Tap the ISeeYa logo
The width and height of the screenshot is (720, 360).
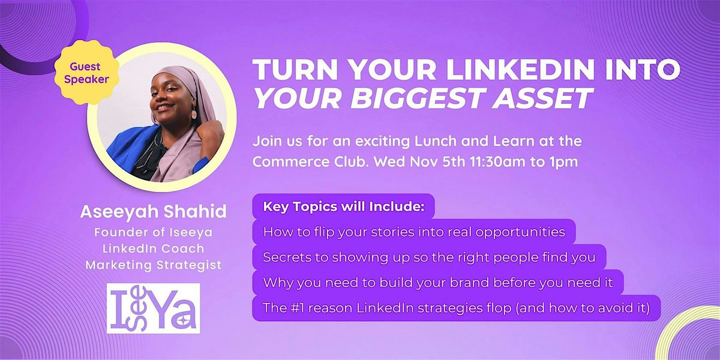coord(153,308)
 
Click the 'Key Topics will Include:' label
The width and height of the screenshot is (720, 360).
coord(343,208)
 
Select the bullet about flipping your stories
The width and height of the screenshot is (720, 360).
coord(413,232)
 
